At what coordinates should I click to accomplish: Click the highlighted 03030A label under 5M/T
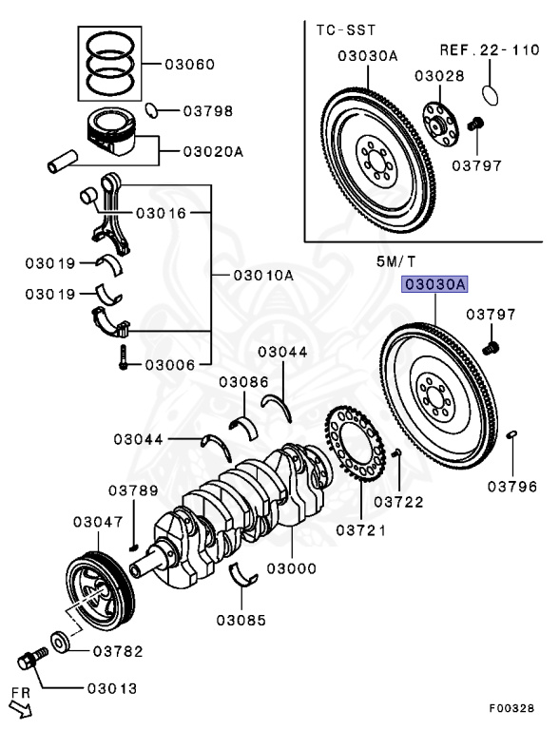click(x=434, y=284)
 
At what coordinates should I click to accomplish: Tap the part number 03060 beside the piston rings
click(x=190, y=65)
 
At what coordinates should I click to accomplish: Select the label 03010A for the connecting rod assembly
click(x=263, y=275)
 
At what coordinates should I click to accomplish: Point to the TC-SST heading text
click(x=346, y=30)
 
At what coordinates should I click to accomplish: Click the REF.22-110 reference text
click(x=490, y=49)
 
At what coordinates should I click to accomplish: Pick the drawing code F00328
click(x=511, y=707)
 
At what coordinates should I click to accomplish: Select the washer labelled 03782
click(x=60, y=643)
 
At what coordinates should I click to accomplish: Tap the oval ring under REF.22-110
click(x=489, y=95)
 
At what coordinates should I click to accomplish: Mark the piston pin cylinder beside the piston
click(x=63, y=161)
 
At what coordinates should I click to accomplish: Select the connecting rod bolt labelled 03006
click(x=123, y=357)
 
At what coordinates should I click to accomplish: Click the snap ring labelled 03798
click(x=150, y=110)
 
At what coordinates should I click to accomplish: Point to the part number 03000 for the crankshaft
click(x=292, y=568)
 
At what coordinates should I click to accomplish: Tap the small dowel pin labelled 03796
click(x=511, y=434)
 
